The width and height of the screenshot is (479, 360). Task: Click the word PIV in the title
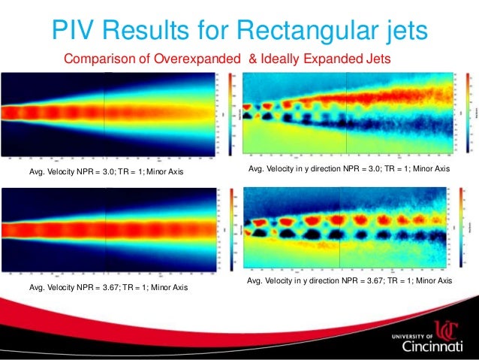[70, 29]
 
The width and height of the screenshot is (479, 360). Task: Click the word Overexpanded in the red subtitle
[191, 59]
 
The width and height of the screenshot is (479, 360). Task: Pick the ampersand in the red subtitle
[252, 59]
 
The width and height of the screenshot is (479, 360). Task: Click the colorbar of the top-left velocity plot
[219, 113]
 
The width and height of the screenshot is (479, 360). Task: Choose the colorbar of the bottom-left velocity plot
[219, 229]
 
